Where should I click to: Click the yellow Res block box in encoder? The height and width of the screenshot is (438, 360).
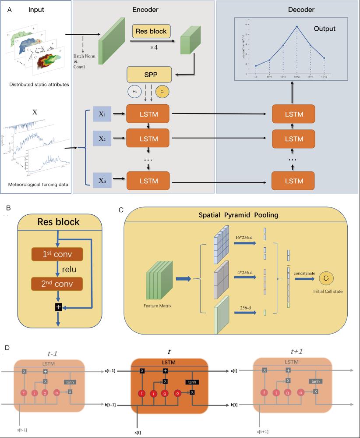tap(151, 32)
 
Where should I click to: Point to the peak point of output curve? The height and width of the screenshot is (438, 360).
tap(297, 27)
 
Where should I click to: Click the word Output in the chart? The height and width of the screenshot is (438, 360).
tap(324, 29)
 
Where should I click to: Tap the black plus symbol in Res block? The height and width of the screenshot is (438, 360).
tap(58, 308)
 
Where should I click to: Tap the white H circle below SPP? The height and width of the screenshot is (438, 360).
tap(134, 92)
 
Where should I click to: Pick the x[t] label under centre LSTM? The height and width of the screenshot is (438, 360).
tap(138, 432)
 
